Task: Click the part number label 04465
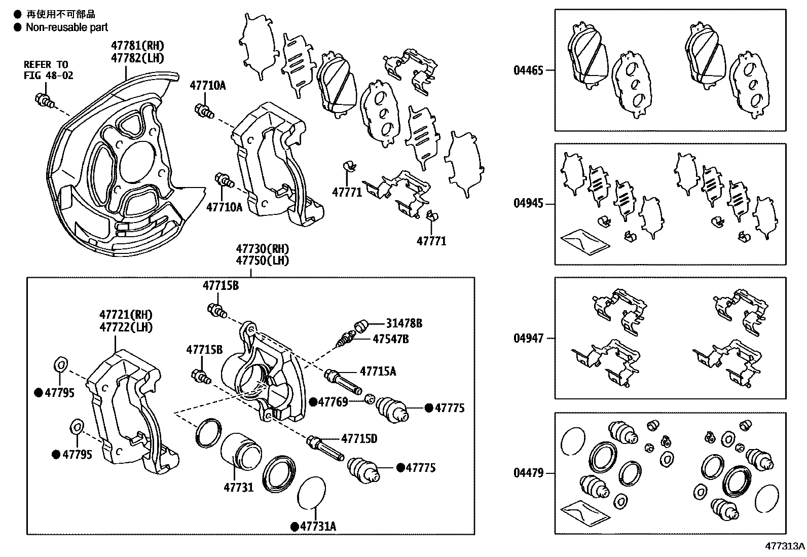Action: (528, 70)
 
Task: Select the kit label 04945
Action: (528, 204)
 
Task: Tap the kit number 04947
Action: (528, 338)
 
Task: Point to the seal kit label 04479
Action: (528, 473)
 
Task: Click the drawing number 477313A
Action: (785, 546)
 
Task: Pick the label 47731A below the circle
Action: (318, 526)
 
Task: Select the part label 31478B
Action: (404, 323)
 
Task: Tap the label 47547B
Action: (390, 339)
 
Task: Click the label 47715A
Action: (378, 372)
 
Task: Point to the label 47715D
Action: (359, 438)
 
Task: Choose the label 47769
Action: (333, 402)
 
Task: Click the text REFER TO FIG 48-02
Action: (49, 70)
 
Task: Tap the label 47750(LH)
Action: (262, 261)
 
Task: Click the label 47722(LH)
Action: (126, 327)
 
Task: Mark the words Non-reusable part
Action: (67, 27)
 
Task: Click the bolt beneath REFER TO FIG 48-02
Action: (44, 100)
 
